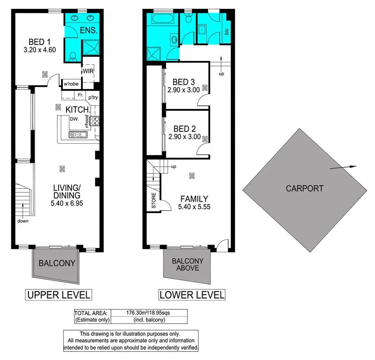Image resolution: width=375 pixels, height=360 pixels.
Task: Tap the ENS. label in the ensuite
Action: (x=89, y=31)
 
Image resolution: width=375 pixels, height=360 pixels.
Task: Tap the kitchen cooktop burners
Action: (x=95, y=121)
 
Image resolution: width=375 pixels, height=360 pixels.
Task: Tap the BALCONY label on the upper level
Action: (x=57, y=263)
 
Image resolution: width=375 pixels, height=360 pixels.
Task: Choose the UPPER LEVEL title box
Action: (x=58, y=295)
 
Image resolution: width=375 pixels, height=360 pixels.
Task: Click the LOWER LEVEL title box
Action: (x=192, y=295)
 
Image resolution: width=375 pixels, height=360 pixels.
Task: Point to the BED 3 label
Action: (x=184, y=81)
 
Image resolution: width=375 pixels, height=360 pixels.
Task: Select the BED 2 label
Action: (x=184, y=129)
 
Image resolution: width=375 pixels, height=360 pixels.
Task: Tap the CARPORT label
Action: (x=304, y=189)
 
